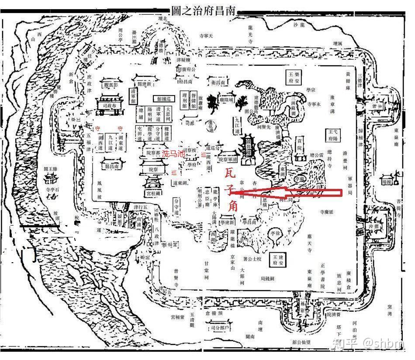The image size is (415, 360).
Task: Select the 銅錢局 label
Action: click(267, 278)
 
